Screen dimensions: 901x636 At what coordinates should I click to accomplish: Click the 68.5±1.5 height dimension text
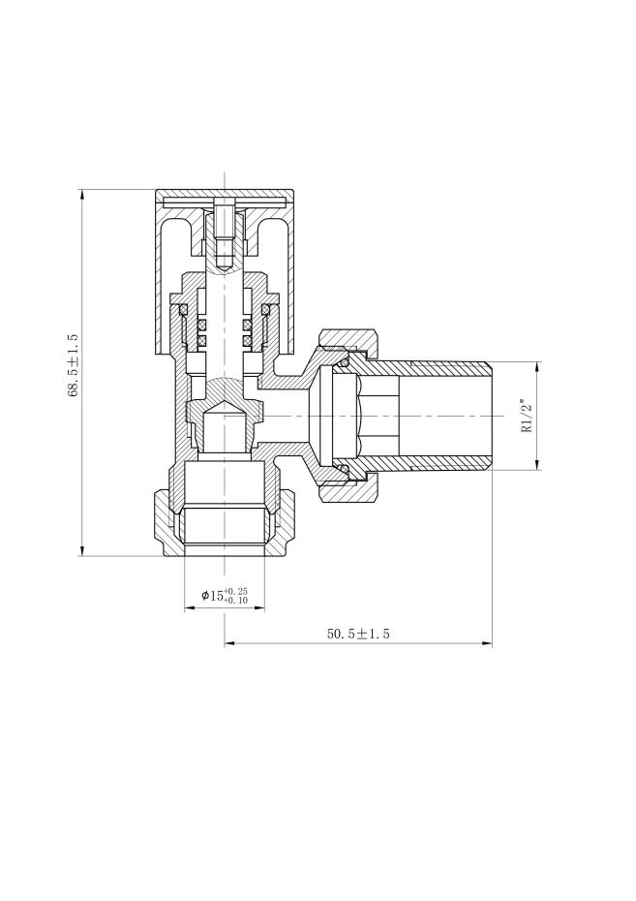(73, 365)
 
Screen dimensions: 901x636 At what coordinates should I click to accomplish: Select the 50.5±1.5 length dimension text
(357, 634)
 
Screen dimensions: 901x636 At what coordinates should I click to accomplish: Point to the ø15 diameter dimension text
(212, 596)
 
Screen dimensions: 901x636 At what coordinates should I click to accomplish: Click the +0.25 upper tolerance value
(236, 591)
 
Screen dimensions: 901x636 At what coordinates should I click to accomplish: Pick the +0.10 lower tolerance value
(236, 601)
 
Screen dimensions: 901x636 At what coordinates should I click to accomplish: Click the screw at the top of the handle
(225, 232)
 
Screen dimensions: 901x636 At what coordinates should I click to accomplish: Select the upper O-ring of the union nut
(344, 362)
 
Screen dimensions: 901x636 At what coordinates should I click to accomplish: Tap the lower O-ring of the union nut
(344, 470)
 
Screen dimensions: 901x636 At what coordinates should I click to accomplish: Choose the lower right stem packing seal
(247, 340)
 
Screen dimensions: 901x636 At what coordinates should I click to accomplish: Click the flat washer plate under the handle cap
(225, 202)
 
